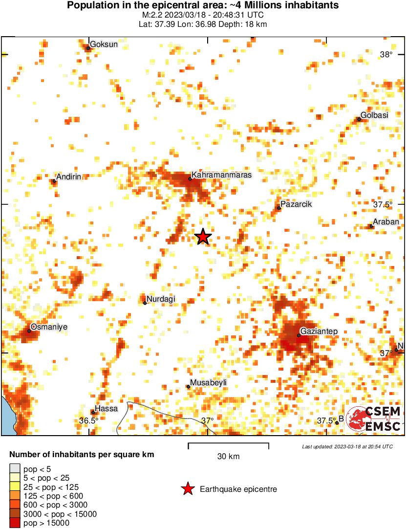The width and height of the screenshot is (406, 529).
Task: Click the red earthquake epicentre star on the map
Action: [203, 237]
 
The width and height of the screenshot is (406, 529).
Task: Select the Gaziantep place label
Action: [319, 331]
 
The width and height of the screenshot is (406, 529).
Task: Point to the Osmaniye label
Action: [48, 327]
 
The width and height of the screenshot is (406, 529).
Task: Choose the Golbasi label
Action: [374, 115]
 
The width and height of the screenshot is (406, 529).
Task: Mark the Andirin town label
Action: [68, 177]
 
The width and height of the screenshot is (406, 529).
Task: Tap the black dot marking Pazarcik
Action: [279, 208]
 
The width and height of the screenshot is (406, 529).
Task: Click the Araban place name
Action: [386, 221]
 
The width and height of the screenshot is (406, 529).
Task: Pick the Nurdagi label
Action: [161, 299]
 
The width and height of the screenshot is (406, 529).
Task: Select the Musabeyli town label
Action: [208, 382]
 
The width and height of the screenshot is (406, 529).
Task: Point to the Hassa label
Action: [106, 408]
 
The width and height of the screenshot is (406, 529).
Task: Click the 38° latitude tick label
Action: [386, 55]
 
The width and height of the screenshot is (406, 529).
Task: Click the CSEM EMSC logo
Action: [373, 419]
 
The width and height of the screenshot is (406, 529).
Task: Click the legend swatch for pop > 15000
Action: [15, 523]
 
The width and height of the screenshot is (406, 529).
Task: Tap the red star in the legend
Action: [187, 489]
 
